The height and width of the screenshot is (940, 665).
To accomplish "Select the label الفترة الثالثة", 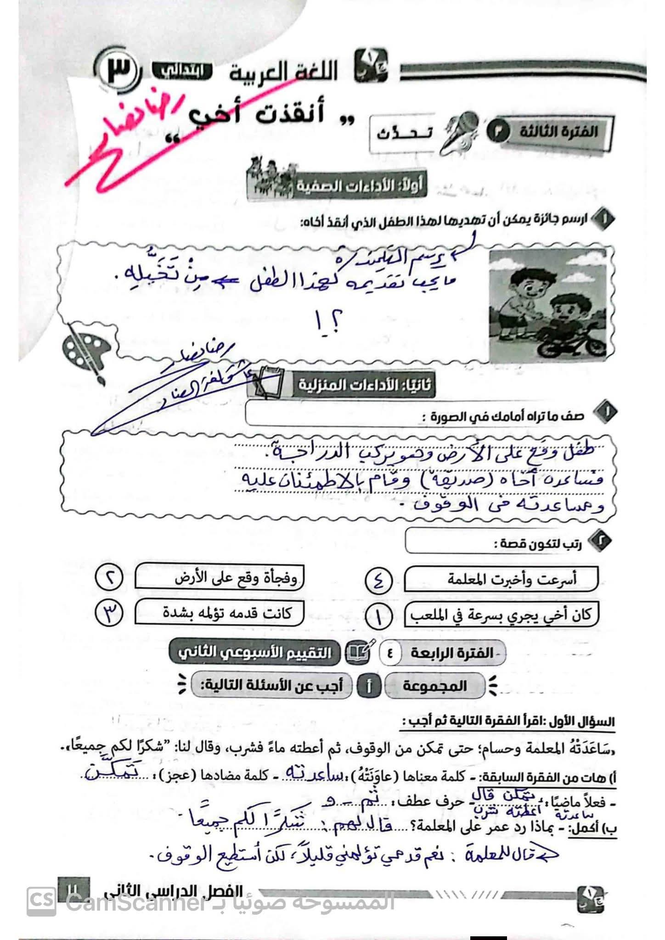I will point(558,132).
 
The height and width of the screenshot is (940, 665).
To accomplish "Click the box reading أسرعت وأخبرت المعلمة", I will point(502,580).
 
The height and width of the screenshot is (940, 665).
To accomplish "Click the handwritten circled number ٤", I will point(379,581).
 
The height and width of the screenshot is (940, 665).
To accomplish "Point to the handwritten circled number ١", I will point(379,616).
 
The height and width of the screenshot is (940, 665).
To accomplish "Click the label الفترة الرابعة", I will point(451,653).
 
